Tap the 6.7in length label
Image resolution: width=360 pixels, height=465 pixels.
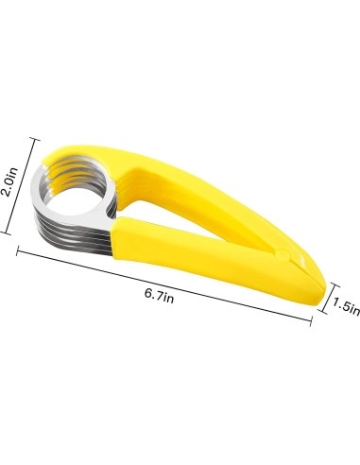159,295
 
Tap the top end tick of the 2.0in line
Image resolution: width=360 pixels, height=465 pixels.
35,140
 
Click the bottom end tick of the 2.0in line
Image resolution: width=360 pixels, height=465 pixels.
6,232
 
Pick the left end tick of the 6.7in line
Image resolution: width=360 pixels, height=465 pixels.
18,251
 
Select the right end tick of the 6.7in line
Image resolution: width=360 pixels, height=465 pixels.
311,321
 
